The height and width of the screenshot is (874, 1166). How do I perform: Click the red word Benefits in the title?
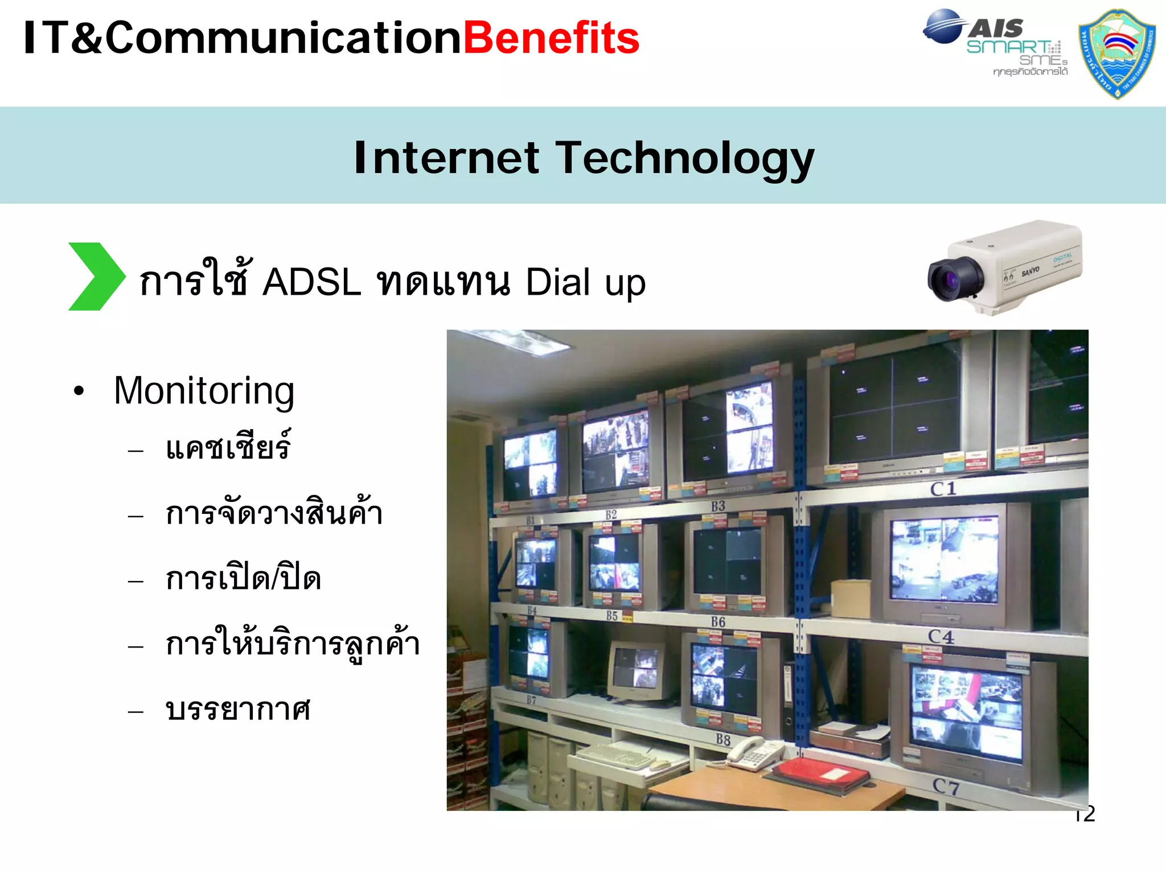(x=551, y=39)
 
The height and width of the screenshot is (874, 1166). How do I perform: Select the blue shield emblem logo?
(x=1117, y=53)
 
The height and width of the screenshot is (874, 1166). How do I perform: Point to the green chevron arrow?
(x=96, y=277)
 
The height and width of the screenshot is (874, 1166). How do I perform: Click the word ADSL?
(x=311, y=282)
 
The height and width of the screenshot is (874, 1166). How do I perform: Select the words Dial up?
(x=585, y=282)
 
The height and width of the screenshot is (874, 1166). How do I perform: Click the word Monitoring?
(x=204, y=391)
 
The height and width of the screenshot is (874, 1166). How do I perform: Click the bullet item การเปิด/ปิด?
(x=243, y=579)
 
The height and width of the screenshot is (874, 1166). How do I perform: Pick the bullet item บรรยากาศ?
(x=237, y=710)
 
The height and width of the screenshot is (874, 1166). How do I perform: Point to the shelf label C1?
(x=943, y=489)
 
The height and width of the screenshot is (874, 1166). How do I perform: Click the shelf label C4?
(x=941, y=636)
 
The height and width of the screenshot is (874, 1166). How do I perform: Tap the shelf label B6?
(x=718, y=622)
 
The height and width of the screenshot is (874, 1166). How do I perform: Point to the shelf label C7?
(x=946, y=786)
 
